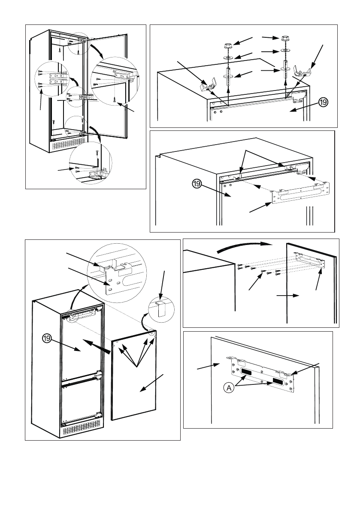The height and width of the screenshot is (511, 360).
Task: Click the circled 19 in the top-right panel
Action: click(x=324, y=103)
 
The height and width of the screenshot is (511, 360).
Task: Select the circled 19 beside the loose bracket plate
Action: click(x=196, y=184)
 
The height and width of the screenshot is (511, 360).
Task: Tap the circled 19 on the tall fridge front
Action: click(x=47, y=338)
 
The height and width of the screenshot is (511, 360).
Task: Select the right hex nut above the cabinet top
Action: click(x=285, y=39)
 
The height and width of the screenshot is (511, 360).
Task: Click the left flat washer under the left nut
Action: click(x=228, y=57)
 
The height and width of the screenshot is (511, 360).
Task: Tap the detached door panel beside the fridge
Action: click(x=135, y=378)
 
